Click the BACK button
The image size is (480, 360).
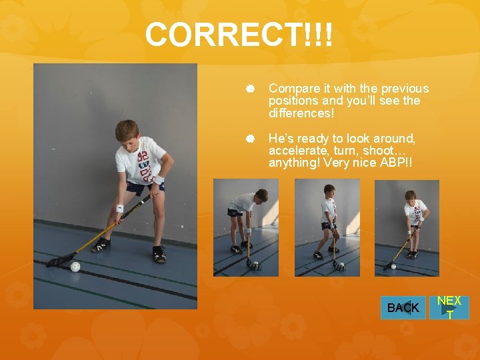(x=403, y=307)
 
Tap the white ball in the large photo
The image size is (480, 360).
(x=75, y=267)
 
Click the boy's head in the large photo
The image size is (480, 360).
(x=127, y=131)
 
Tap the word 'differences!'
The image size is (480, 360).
(x=301, y=113)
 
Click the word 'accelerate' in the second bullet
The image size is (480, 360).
(x=298, y=151)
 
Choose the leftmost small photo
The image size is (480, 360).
(x=246, y=227)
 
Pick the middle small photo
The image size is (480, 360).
(x=327, y=227)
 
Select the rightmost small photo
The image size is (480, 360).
(x=407, y=227)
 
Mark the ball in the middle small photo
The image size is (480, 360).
(x=340, y=267)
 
